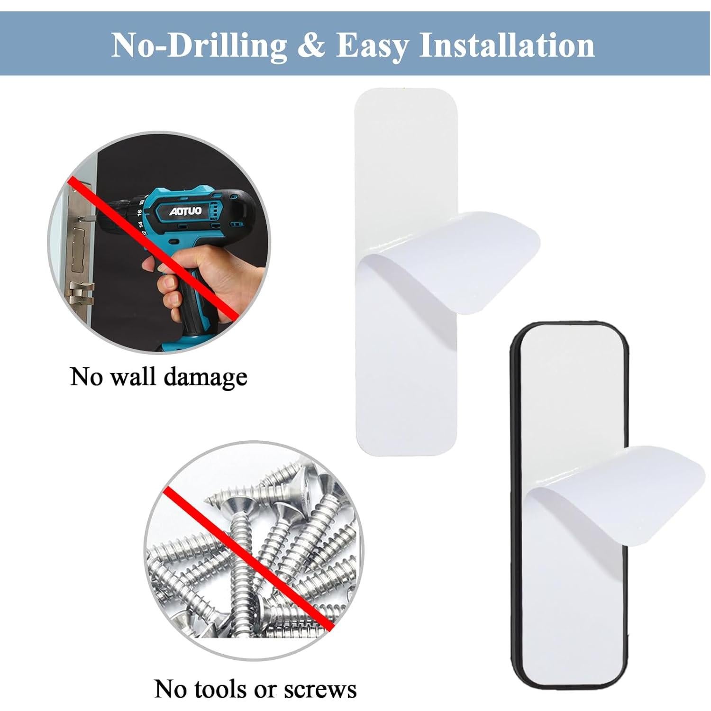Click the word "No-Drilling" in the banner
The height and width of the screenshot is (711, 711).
tap(200, 46)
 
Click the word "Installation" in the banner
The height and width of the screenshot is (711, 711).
tap(507, 46)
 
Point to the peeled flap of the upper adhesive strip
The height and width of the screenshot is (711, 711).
tap(450, 265)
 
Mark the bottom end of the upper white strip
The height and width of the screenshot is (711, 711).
tap(406, 436)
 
